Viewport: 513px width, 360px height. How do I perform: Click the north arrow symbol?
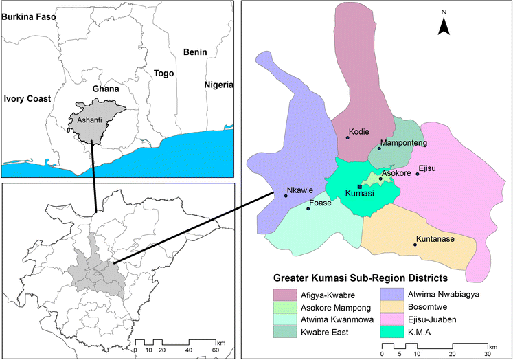(x=444, y=25)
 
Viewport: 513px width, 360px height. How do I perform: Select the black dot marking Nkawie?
(x=285, y=196)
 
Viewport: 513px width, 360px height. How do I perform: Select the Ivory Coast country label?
(x=27, y=99)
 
